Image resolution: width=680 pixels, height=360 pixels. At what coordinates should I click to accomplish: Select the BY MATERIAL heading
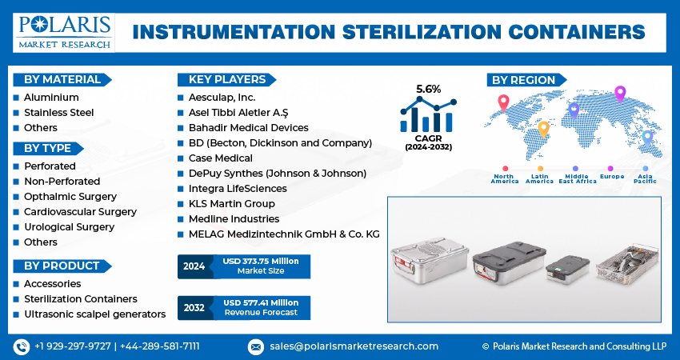62,79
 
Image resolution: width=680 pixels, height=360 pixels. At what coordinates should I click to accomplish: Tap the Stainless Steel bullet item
58,113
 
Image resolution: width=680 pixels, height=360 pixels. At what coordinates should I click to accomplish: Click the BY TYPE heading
47,148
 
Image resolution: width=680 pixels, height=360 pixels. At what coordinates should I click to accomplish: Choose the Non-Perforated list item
62,182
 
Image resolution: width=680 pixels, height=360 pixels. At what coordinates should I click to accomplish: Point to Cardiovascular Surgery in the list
80,212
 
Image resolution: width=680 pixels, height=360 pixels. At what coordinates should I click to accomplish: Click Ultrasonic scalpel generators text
94,314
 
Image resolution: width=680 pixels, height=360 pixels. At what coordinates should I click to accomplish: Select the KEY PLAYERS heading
226,79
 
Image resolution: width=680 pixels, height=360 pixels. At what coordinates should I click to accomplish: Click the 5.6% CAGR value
428,89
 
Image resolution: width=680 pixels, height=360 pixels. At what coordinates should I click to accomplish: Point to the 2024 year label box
194,266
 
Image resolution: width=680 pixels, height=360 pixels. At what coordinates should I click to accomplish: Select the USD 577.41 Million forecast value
261,302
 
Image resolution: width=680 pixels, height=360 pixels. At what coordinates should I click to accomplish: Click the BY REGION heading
523,79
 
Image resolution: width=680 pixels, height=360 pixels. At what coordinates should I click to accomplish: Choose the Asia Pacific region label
646,179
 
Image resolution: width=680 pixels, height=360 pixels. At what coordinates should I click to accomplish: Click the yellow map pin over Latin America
543,129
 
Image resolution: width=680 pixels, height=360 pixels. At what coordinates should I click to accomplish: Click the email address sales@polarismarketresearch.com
353,346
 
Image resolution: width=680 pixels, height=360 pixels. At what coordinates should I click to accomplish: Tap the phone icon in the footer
21,346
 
